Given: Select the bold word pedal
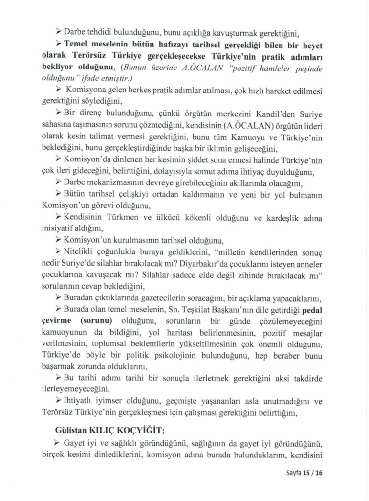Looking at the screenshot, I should pyautogui.click(x=312, y=310).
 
